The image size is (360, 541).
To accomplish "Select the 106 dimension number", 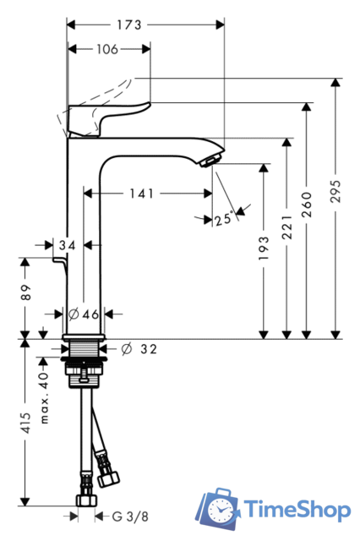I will coord(107,49).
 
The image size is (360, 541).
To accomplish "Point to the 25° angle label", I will coord(223,220).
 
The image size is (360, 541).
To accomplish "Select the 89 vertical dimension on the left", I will coord(26,293).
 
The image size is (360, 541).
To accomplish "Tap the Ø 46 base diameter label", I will coord(83,314).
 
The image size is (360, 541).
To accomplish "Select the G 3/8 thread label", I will coord(120,515).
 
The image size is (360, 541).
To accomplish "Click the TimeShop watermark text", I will coord(297,510).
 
